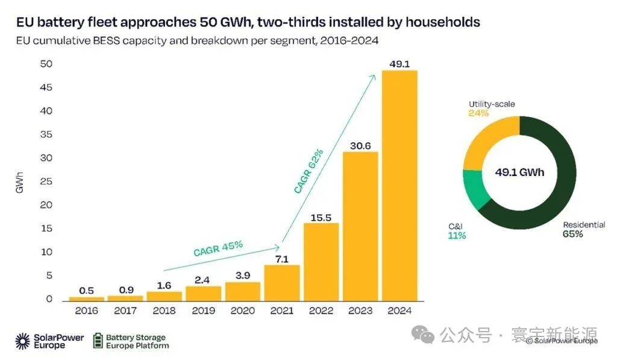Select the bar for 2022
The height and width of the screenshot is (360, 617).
[321, 262]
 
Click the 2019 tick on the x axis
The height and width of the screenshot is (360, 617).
[204, 311]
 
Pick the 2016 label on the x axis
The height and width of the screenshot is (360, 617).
[87, 311]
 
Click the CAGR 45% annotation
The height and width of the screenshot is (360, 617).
[218, 248]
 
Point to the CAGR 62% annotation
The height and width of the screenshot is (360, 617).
[308, 171]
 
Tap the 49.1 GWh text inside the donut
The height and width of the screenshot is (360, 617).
[519, 172]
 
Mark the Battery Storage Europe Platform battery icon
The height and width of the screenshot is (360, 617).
[98, 341]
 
